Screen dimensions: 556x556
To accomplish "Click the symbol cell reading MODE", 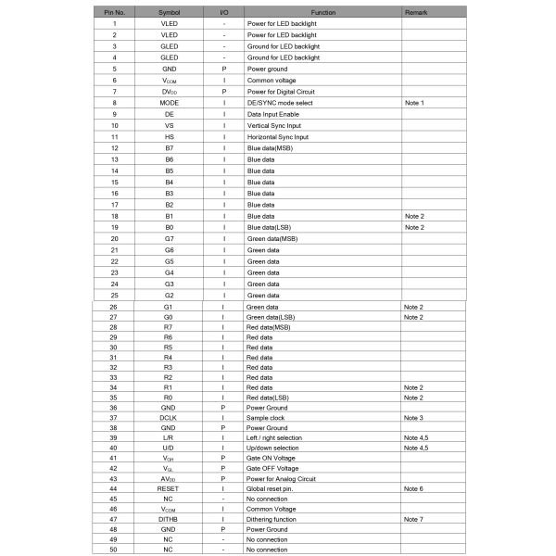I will point(169,102).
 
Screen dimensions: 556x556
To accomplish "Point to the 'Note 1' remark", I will point(414,102).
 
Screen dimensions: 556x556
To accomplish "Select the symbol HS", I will point(169,136).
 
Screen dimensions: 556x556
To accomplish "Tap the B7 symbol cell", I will point(169,147).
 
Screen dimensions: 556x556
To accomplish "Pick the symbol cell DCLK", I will point(168,418).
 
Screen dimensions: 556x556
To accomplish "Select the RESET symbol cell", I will point(168,487).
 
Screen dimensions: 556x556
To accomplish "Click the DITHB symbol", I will point(168,520).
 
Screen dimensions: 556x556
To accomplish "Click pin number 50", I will point(113,550).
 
